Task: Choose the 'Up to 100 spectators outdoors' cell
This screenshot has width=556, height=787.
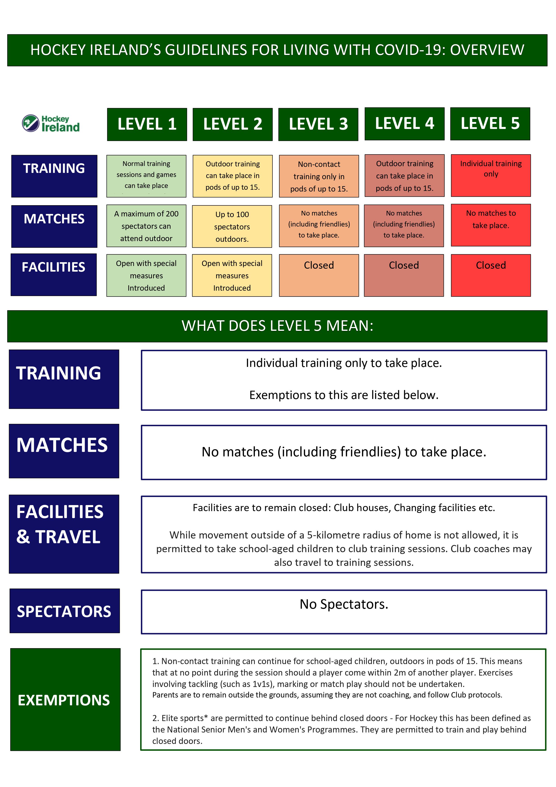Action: [x=232, y=226]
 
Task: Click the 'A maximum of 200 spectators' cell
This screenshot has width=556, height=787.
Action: [x=146, y=226]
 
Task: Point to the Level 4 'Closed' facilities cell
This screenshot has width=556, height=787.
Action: [x=404, y=275]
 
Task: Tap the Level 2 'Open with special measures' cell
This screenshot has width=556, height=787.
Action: [x=232, y=275]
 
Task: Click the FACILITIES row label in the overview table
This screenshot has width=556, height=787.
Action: [x=54, y=275]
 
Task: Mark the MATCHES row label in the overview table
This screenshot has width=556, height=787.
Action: [x=54, y=226]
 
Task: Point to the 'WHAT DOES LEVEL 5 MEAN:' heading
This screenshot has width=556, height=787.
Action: [x=277, y=326]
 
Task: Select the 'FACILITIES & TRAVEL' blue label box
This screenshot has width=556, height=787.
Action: [x=64, y=534]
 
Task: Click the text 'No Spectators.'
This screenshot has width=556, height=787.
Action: [x=344, y=604]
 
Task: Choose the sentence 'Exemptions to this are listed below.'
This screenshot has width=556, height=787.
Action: [x=344, y=395]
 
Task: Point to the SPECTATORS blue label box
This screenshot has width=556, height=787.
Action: [x=64, y=611]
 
